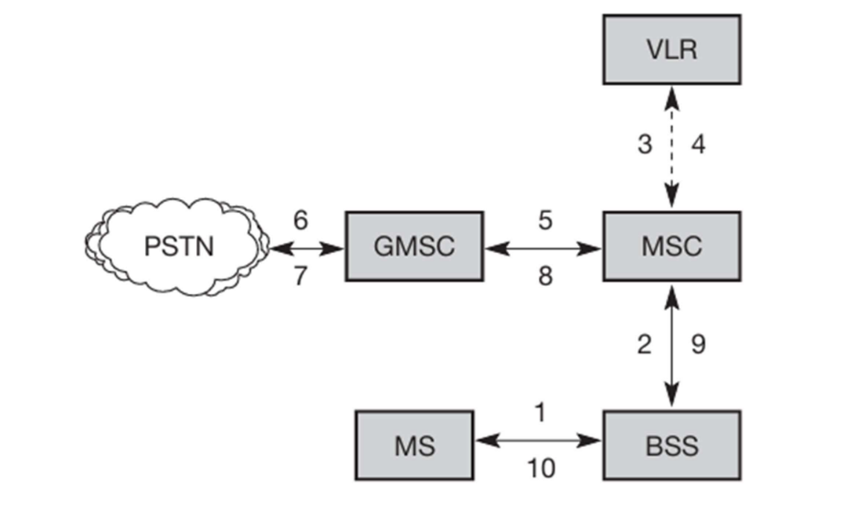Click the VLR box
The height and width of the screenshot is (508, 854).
[x=671, y=48]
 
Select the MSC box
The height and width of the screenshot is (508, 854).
[x=671, y=247]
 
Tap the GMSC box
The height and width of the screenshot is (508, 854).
[x=414, y=247]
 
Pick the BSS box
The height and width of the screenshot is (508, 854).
[x=671, y=446]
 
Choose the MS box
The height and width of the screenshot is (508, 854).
[x=414, y=446]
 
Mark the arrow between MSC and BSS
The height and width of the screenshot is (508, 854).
[x=672, y=345]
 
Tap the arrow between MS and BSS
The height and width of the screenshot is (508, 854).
[x=538, y=440]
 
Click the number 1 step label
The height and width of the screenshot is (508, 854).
[x=540, y=413]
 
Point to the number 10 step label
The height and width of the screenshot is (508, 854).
[x=540, y=469]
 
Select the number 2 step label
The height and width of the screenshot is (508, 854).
[x=645, y=344]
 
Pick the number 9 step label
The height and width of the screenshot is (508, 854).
[x=698, y=344]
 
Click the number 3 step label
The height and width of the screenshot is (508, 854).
[x=645, y=144]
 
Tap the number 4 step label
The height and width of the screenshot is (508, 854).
[x=699, y=144]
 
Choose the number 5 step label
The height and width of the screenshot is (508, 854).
[x=544, y=220]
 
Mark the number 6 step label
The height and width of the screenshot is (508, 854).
[x=300, y=219]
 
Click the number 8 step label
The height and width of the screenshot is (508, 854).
[x=544, y=275]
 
